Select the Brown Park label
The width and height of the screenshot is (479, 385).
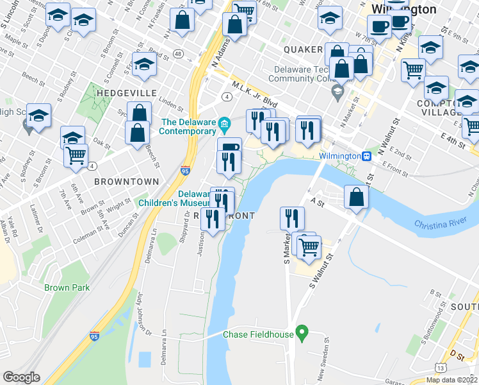pos(67,287)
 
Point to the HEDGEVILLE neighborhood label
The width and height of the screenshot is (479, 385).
pos(126,93)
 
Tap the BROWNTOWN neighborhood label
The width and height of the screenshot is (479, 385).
pos(126,182)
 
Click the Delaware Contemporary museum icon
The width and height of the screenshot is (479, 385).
pos(224,123)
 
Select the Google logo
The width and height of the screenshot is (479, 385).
pos(21,377)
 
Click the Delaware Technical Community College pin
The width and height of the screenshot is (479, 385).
pos(336,92)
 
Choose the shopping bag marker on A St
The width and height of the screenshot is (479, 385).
pos(356,198)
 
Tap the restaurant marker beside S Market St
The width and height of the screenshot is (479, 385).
pos(291,218)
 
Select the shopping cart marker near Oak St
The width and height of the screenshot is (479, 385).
pos(76,155)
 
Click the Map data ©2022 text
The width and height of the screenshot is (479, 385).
pos(451,380)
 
